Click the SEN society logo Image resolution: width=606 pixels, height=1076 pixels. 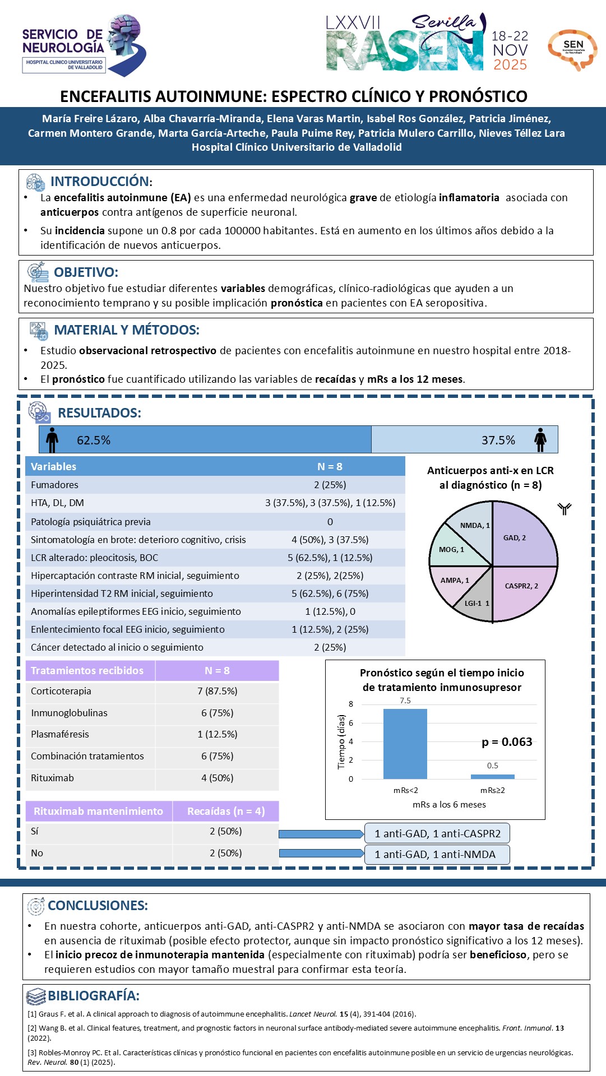572,49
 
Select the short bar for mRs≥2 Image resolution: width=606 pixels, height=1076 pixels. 492,776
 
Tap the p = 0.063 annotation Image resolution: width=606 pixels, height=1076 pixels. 507,742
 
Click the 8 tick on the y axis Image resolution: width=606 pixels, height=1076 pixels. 351,704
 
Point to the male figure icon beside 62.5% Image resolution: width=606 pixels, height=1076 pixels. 52,440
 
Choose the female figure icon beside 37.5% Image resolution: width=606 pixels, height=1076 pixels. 540,440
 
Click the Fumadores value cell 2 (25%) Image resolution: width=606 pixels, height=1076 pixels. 330,485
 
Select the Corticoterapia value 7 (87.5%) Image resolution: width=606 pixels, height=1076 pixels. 217,691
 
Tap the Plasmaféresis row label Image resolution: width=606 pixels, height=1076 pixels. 60,734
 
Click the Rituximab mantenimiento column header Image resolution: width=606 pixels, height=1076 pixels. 98,811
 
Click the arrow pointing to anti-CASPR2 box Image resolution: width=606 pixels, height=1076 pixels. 321,834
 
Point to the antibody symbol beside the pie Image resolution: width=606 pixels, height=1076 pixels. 564,509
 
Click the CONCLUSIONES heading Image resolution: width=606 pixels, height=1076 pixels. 98,906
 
